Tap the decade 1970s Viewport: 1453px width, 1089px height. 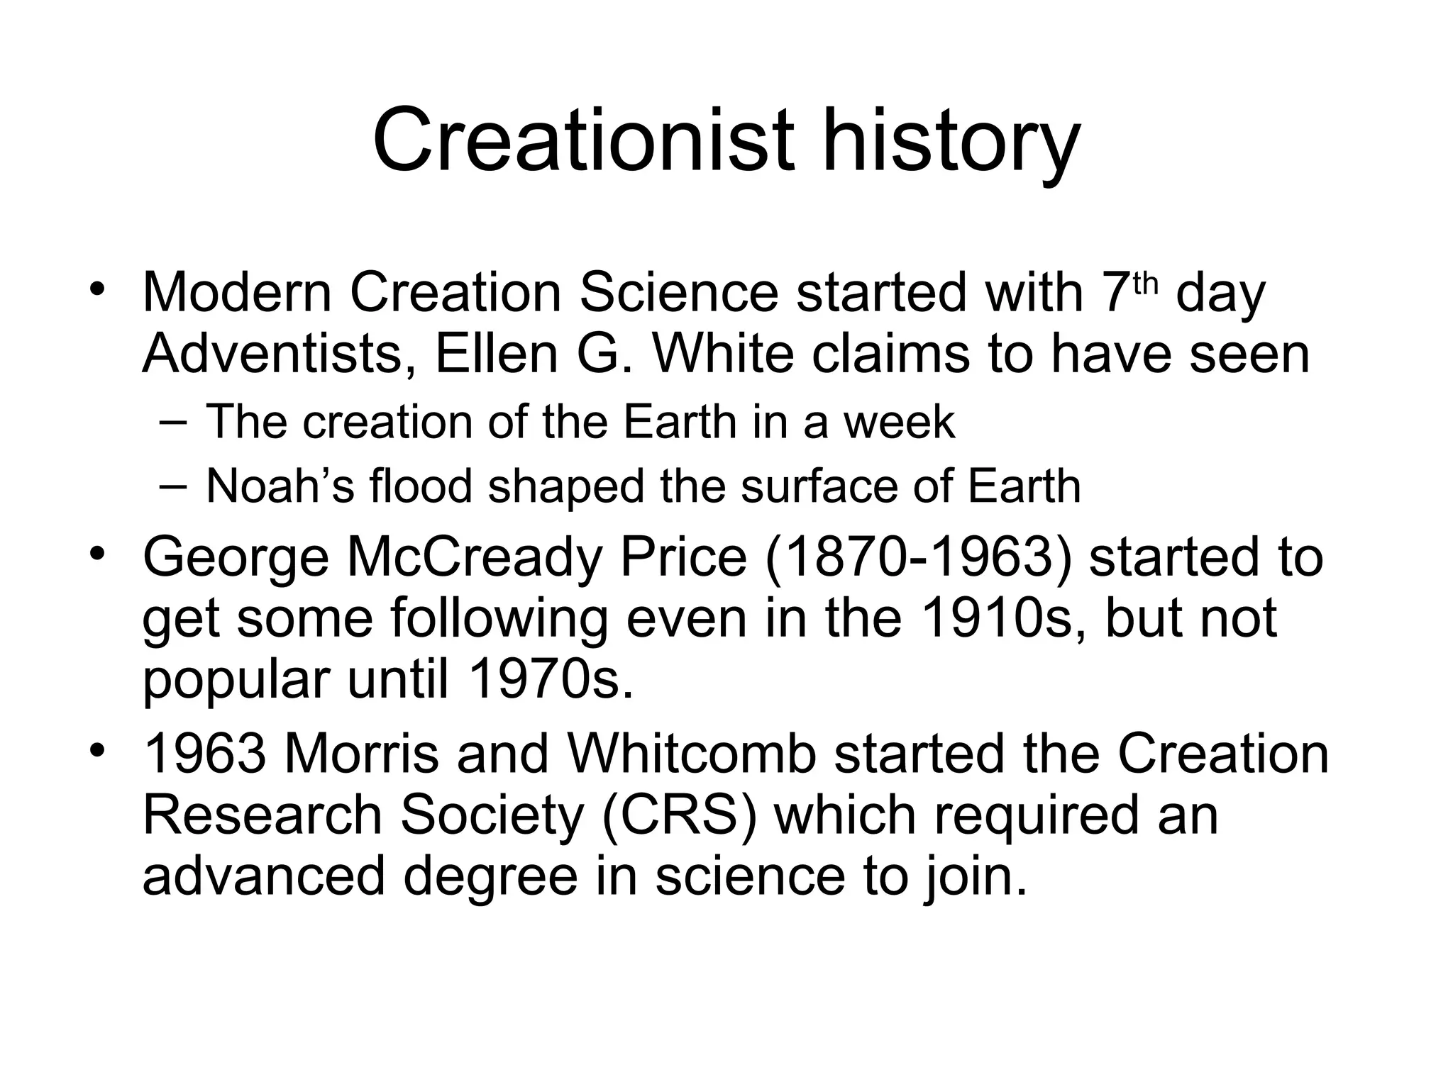[550, 679]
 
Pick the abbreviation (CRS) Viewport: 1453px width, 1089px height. [679, 815]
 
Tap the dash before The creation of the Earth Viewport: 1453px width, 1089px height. [172, 423]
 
